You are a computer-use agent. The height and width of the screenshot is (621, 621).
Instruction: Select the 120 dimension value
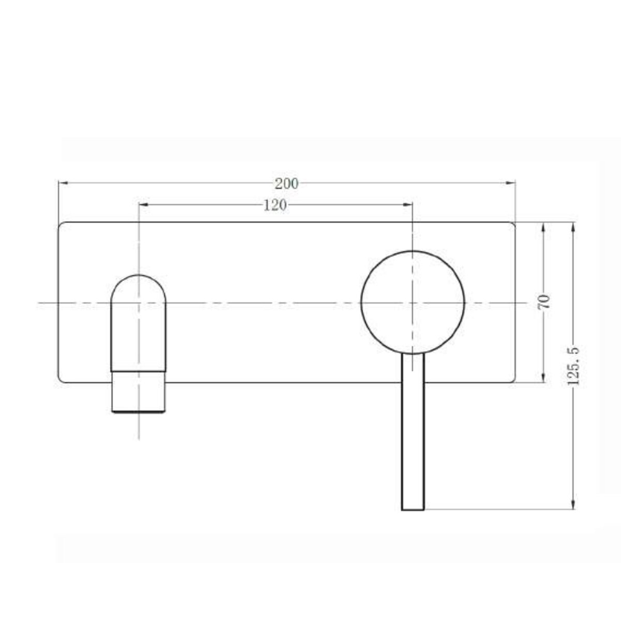[x=275, y=205]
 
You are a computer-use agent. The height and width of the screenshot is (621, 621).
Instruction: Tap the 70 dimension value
[x=545, y=302]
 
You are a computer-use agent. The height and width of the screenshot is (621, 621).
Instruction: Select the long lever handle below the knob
[x=413, y=430]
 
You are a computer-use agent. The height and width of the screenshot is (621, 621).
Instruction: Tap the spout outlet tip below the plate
[x=139, y=398]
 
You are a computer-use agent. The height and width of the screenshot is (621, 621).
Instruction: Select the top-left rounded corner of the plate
[x=61, y=226]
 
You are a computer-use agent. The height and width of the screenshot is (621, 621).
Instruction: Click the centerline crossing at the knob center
[x=412, y=303]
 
